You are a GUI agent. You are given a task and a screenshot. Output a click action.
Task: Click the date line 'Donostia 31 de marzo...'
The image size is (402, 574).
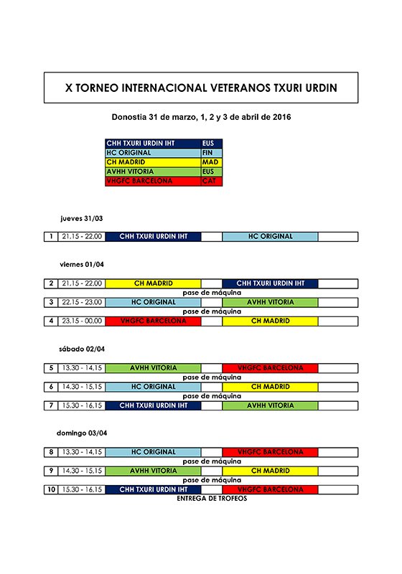coord(200,117)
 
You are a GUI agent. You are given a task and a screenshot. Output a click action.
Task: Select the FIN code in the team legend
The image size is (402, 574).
coord(212,153)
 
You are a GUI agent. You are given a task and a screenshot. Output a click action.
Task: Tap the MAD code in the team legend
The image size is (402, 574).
coord(212,162)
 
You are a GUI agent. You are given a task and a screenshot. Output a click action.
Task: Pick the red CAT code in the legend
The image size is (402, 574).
coord(212,181)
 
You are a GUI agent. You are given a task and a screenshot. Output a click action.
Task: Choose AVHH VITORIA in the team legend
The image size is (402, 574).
coord(153,171)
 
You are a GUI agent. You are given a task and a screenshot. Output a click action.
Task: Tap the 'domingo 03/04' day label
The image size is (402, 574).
coord(82,433)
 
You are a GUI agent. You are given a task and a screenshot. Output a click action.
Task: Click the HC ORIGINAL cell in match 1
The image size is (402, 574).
coord(270,237)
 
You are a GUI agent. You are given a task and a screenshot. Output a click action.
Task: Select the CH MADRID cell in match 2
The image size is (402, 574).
coord(153,283)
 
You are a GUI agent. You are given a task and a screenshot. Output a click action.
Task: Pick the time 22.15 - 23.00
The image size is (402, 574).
coord(81,302)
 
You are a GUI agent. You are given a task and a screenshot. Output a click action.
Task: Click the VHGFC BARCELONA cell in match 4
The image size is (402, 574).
coord(153,321)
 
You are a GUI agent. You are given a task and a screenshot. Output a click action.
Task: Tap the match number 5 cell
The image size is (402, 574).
coord(51,368)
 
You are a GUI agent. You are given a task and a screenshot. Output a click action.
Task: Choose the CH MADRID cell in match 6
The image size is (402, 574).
coord(270,387)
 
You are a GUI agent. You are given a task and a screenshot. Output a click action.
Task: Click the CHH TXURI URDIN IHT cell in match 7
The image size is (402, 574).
coord(153,405)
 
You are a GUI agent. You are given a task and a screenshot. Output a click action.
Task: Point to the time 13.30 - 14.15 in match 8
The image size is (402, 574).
coord(81,452)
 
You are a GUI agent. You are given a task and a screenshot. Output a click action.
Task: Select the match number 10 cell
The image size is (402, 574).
coord(51,489)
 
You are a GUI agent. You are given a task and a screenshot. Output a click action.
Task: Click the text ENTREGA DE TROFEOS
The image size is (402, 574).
coord(211,498)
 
